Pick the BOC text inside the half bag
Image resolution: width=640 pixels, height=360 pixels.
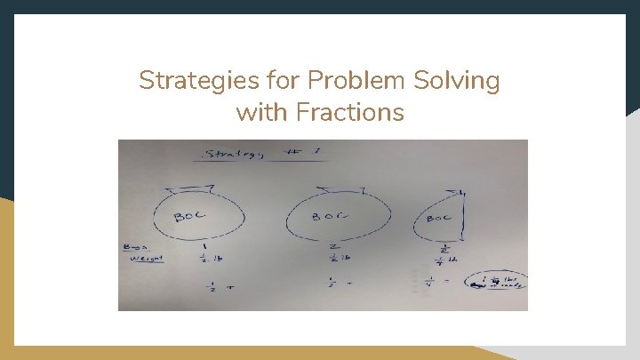(x=441, y=218)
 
